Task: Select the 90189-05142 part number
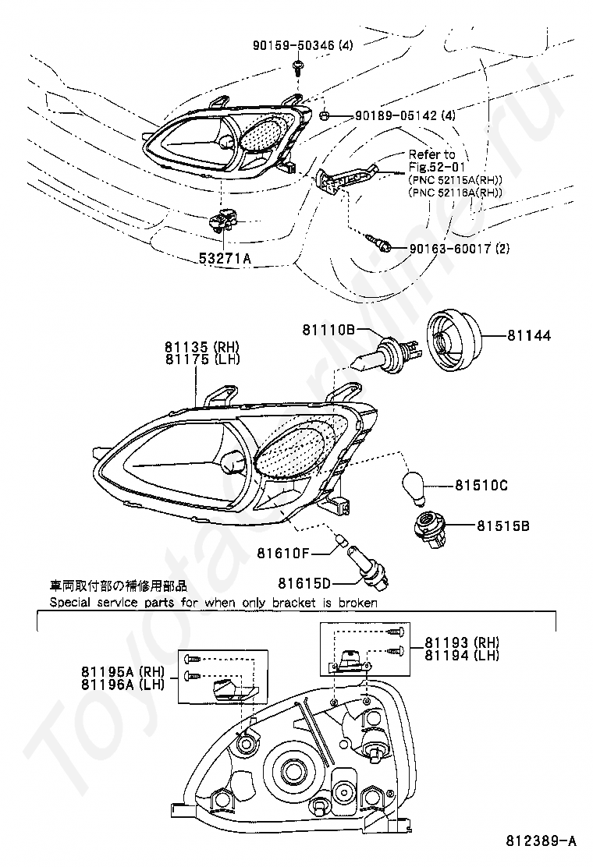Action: (x=395, y=116)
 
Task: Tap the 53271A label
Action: (x=225, y=258)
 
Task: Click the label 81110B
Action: (x=329, y=331)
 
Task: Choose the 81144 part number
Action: (x=528, y=336)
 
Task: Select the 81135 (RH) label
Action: (x=201, y=348)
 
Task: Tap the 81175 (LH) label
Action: (x=201, y=359)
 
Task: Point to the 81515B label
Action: (x=504, y=526)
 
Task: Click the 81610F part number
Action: (x=284, y=554)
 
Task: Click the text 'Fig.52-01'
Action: (x=434, y=167)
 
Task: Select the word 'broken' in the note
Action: (x=356, y=603)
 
